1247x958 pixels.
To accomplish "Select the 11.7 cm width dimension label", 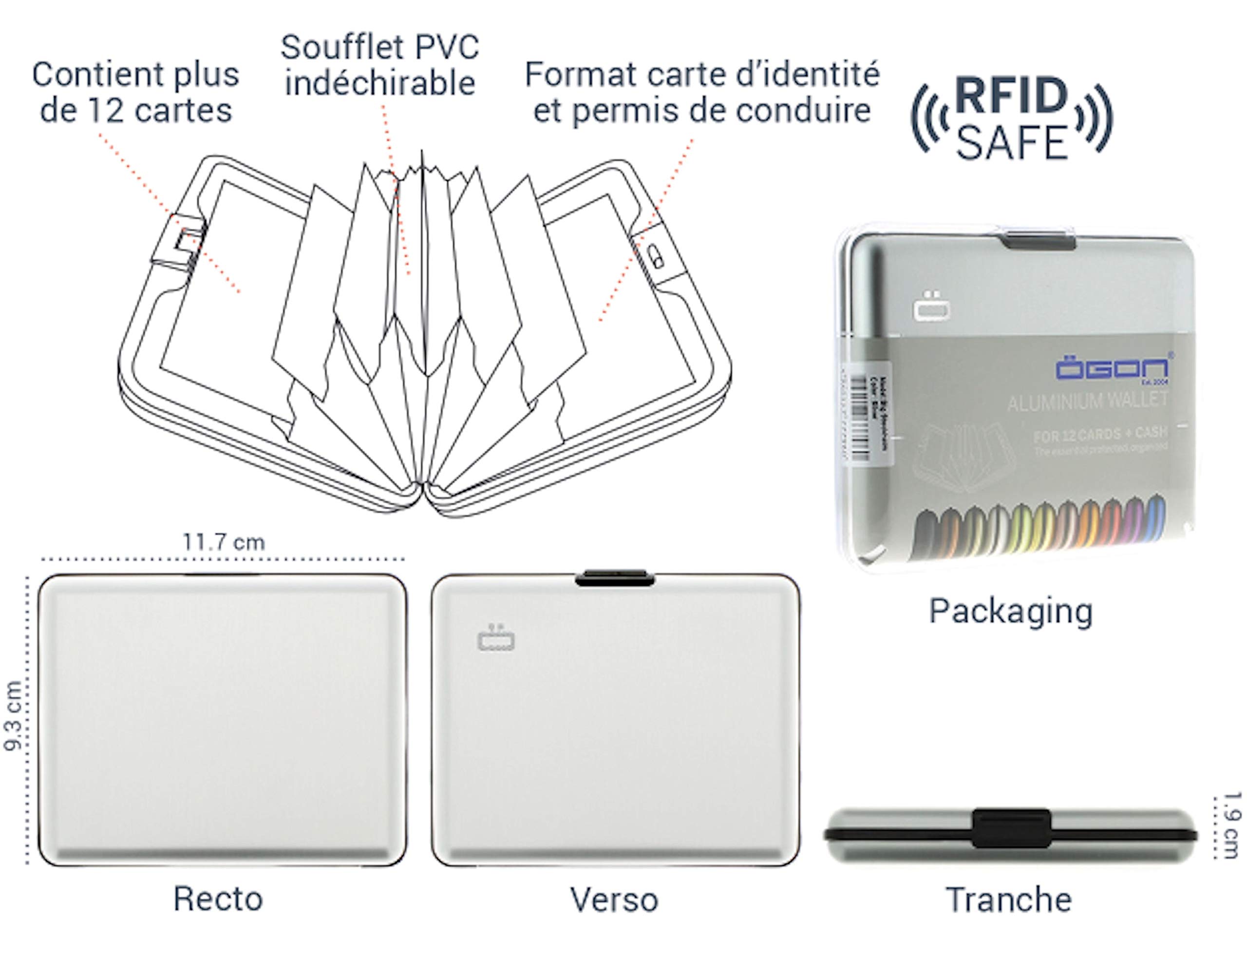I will point(224,542).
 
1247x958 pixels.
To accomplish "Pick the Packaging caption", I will point(1010,611).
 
